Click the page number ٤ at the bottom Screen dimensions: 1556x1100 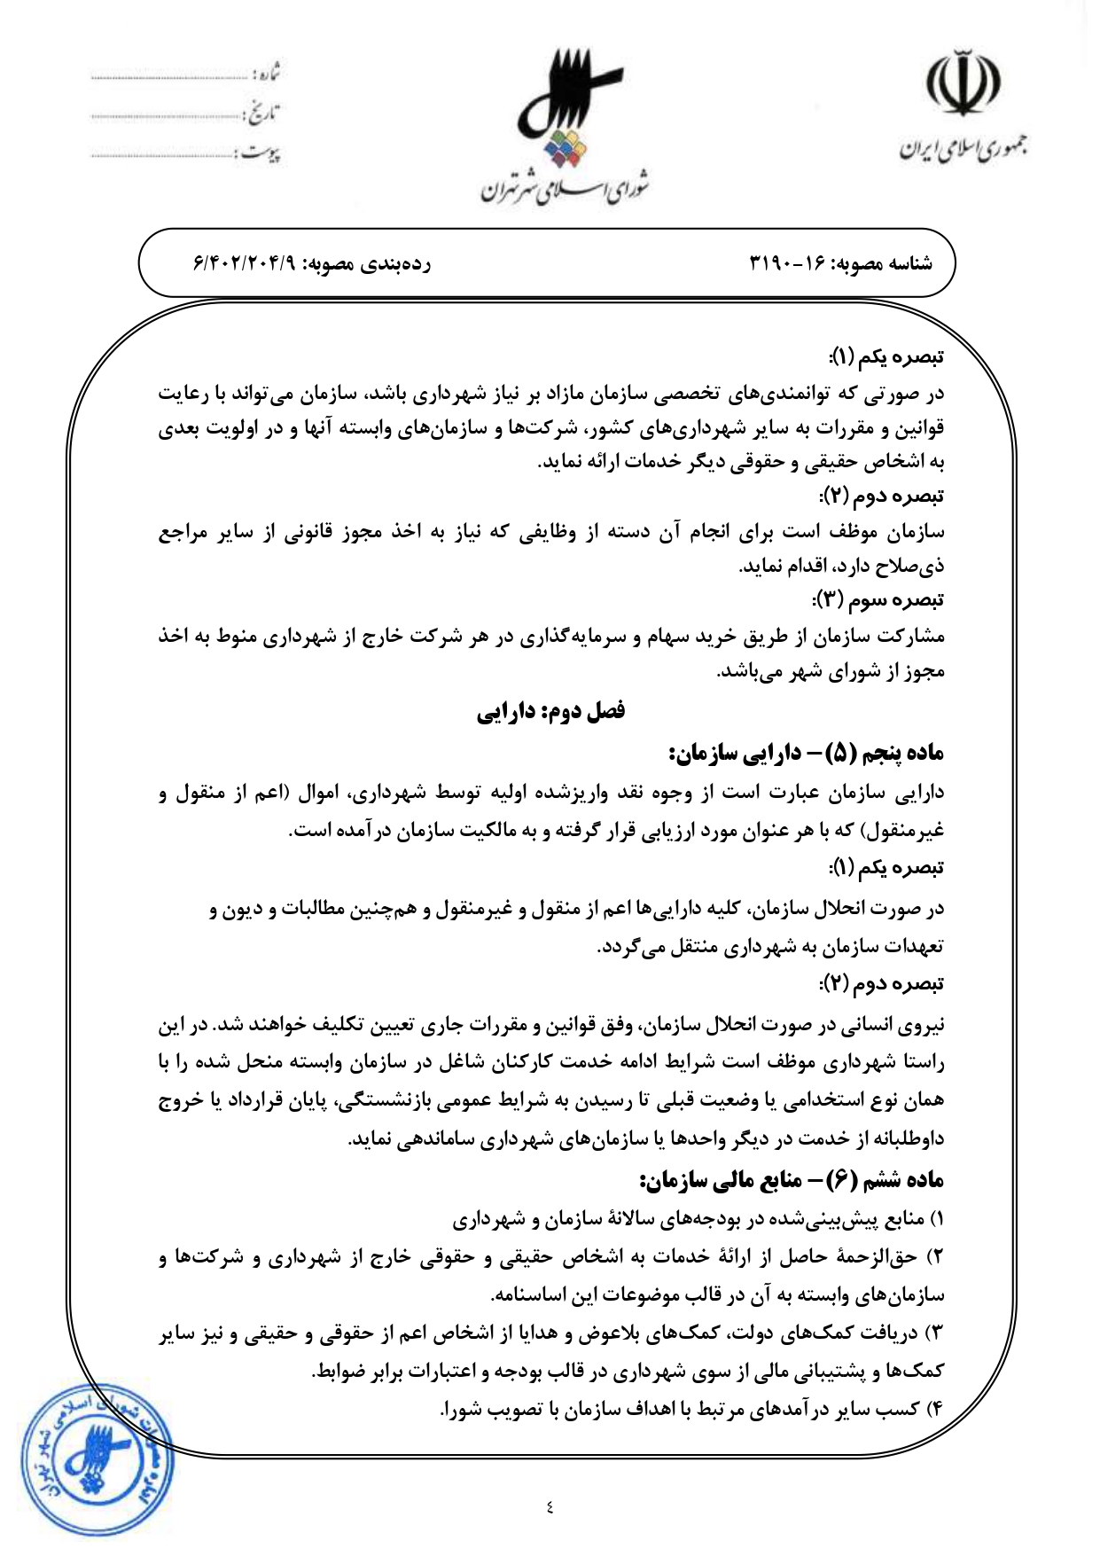(550, 1505)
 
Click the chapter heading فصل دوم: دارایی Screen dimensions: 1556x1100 (550, 711)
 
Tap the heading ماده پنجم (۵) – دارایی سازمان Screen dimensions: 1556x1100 (806, 754)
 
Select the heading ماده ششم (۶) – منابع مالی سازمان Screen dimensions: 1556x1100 (792, 1179)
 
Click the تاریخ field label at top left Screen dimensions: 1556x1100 (262, 114)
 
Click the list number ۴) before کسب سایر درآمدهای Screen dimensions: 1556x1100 (935, 1409)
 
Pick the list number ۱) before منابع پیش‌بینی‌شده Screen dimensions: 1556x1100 (936, 1219)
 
